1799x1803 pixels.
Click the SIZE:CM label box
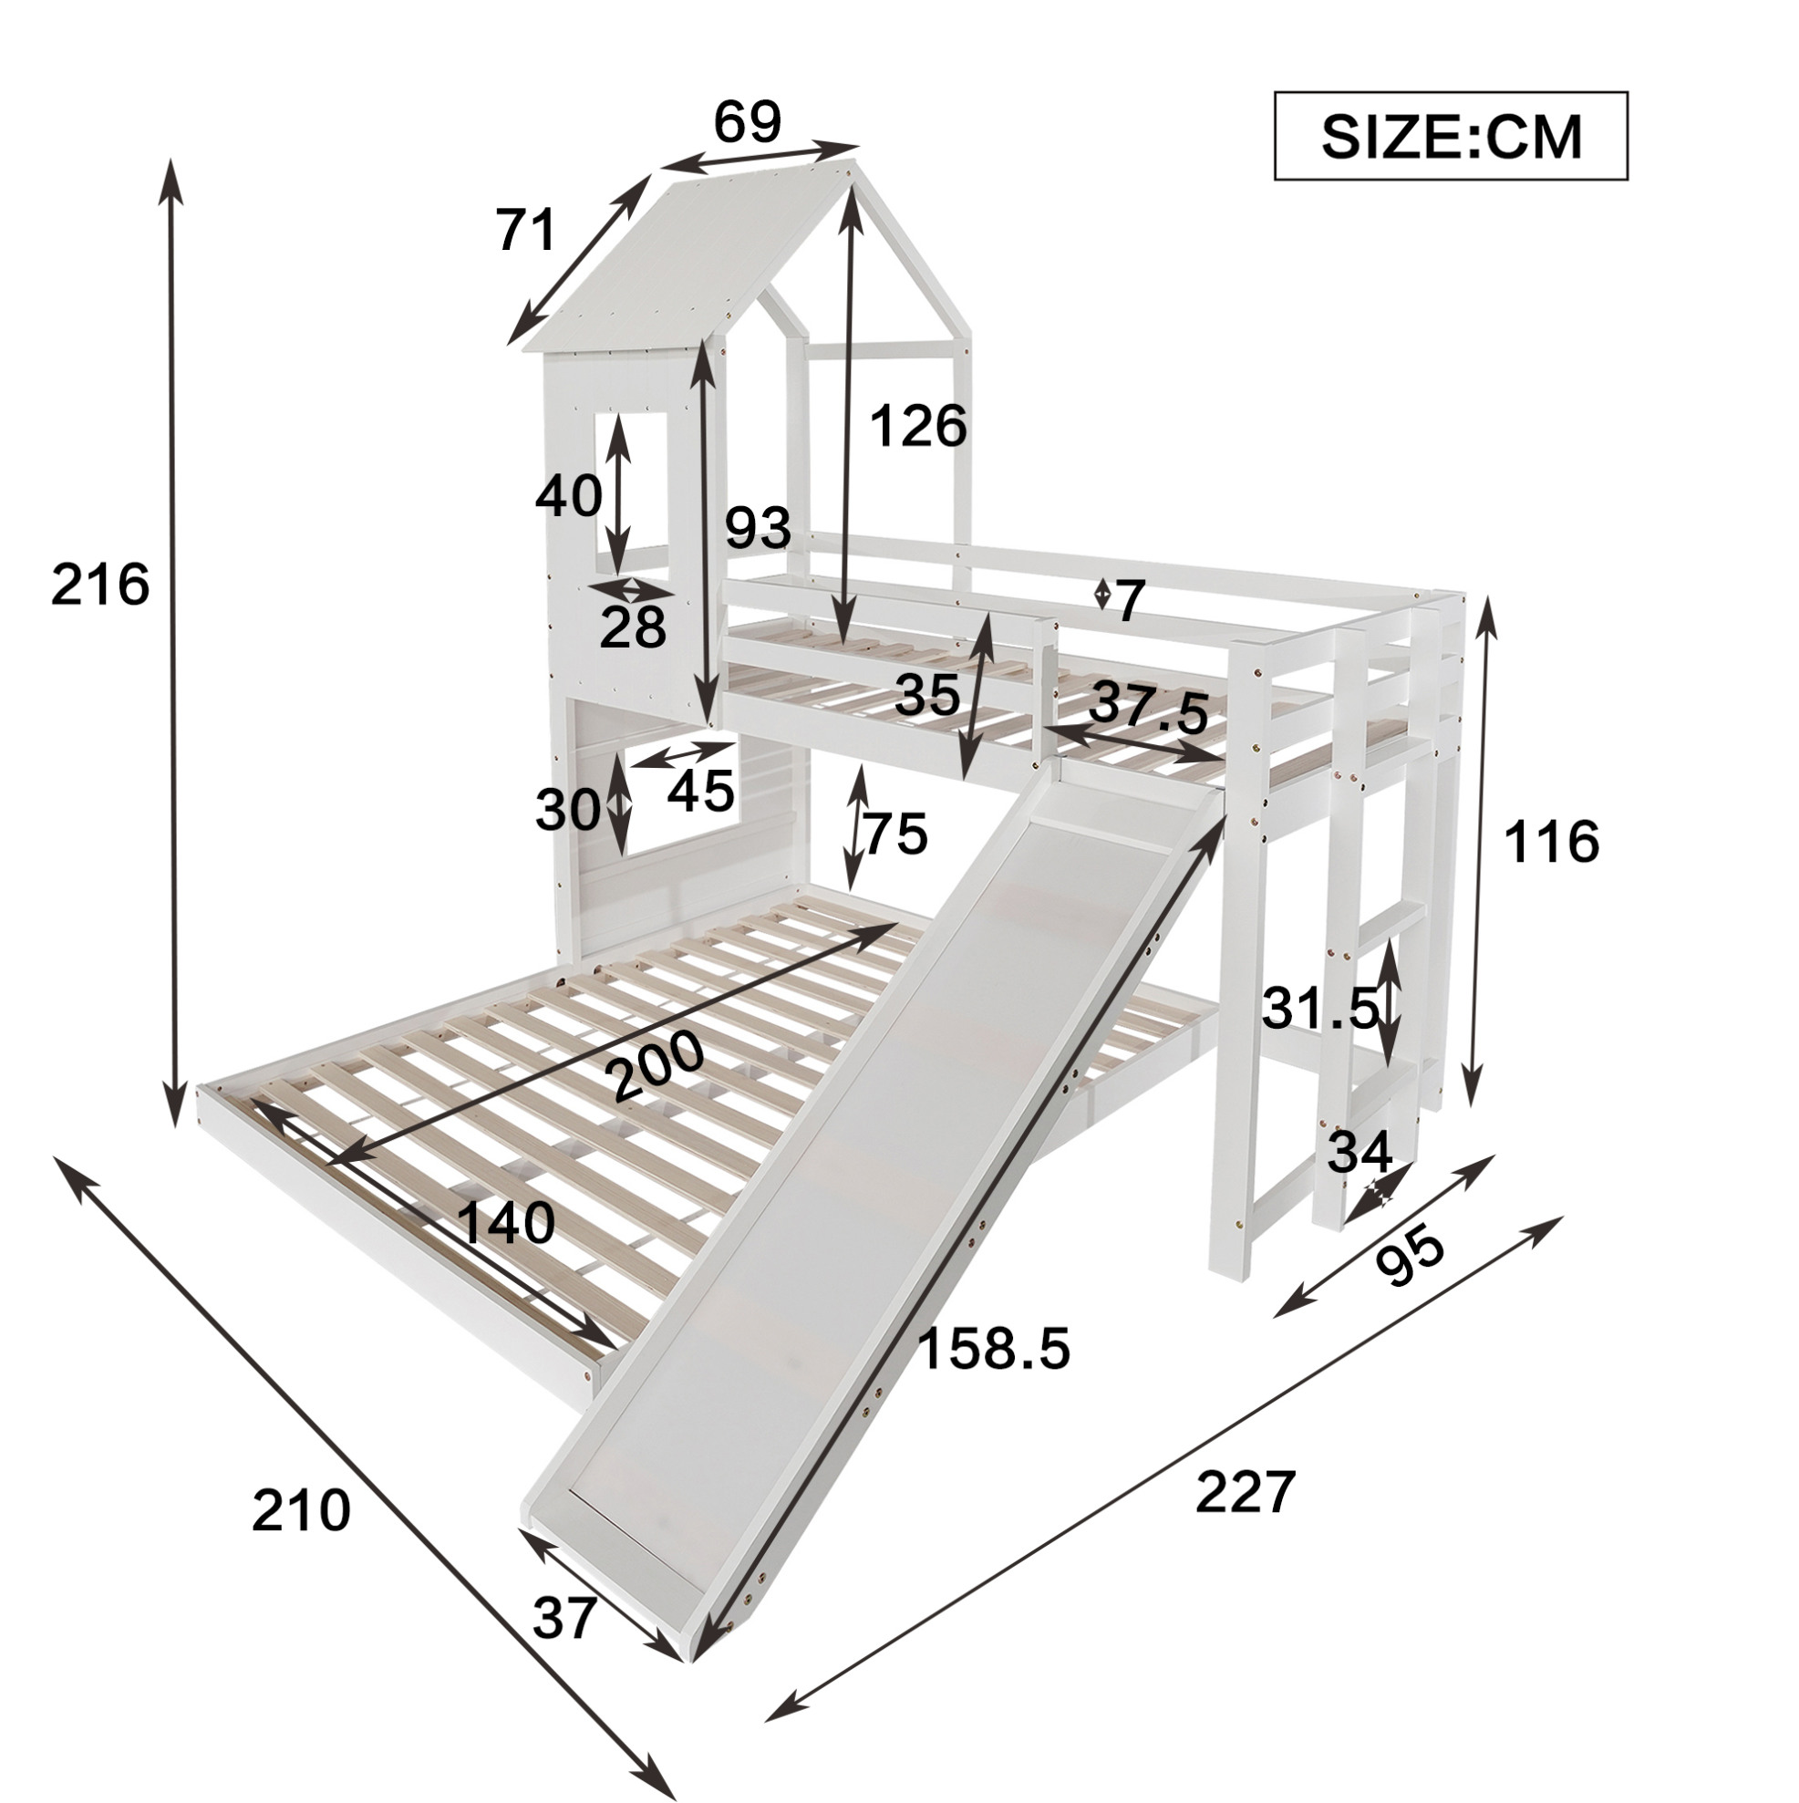[x=1450, y=135]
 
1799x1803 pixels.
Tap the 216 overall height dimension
[x=99, y=586]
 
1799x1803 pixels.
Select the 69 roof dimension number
[x=748, y=121]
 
